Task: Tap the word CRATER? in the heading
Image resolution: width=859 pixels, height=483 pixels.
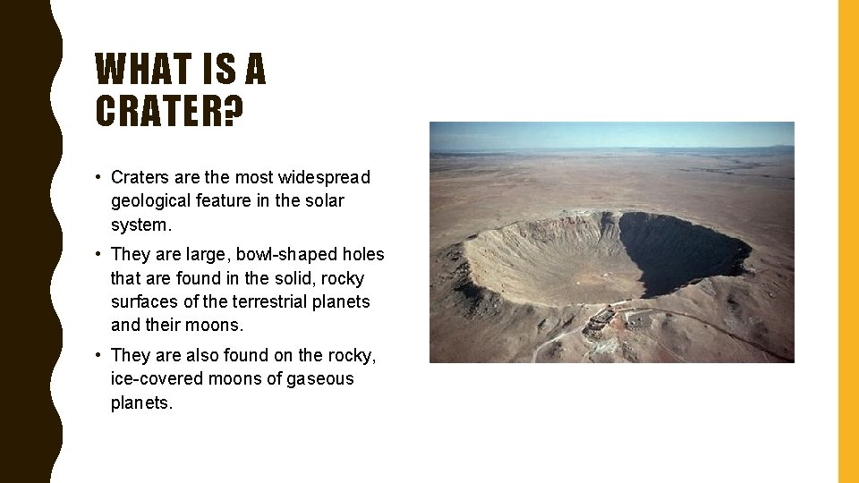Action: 169,111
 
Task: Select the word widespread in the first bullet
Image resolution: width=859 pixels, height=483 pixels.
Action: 323,177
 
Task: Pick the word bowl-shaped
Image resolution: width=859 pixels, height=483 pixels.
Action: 293,254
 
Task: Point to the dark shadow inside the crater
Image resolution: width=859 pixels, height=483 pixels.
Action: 680,250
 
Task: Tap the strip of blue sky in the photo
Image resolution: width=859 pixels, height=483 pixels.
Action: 611,134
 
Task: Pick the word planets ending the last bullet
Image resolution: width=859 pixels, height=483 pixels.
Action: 140,402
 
